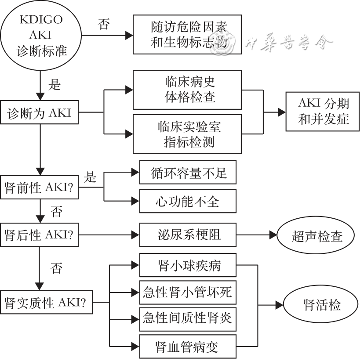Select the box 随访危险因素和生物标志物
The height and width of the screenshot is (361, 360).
point(187,35)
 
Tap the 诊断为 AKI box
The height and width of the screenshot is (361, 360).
point(40,113)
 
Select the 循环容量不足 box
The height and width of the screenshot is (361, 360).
point(187,173)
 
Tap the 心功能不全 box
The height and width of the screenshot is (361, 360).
point(187,201)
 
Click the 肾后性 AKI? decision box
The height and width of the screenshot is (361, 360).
point(40,235)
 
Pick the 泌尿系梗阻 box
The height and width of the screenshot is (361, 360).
point(187,235)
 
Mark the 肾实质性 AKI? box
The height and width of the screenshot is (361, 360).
point(46,302)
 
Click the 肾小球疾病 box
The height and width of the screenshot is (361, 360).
point(187,265)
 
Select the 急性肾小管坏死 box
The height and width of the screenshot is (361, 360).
point(187,292)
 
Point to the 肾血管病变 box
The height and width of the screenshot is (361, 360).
point(187,347)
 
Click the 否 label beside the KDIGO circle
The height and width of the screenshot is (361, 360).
point(104,24)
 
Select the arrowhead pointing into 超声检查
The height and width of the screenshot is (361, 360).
point(273,235)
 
